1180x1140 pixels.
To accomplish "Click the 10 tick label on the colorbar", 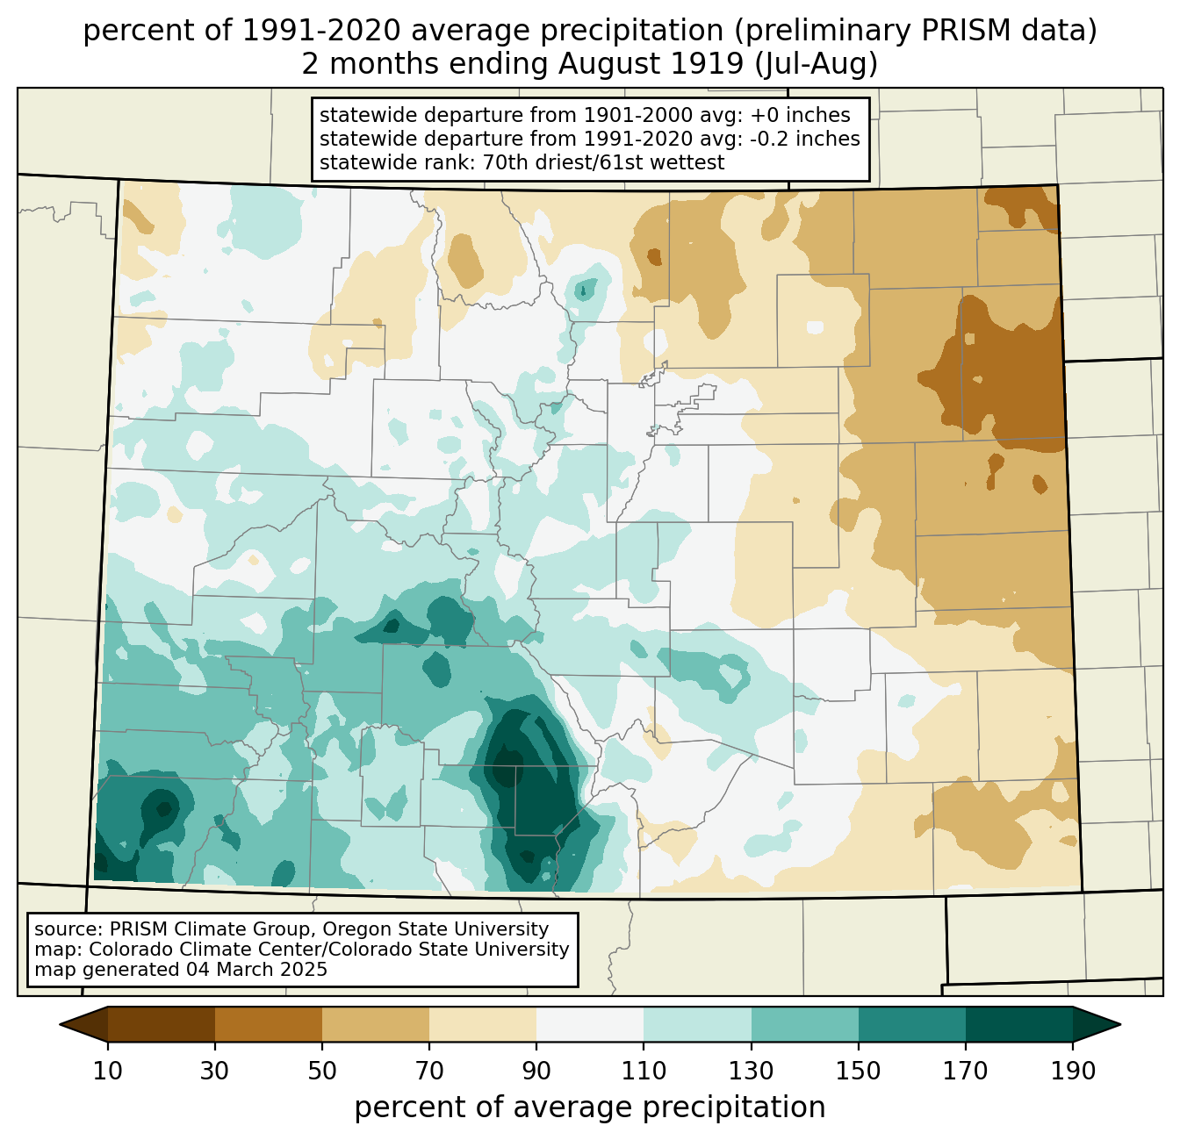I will tap(108, 1072).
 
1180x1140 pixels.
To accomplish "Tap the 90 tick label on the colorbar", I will tap(536, 1072).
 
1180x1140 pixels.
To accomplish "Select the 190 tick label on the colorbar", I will tap(1072, 1072).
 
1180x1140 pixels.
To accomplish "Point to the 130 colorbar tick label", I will tap(751, 1072).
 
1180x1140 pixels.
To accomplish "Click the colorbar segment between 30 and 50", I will tap(269, 1024).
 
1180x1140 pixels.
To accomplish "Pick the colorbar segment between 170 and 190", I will tap(1018, 1024).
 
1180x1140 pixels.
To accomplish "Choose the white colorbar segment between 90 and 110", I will tap(590, 1024).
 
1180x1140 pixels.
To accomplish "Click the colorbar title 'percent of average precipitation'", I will tap(590, 1108).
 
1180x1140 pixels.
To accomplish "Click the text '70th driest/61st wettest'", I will tap(603, 162).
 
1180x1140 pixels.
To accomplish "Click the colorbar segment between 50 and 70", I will tap(376, 1024).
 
